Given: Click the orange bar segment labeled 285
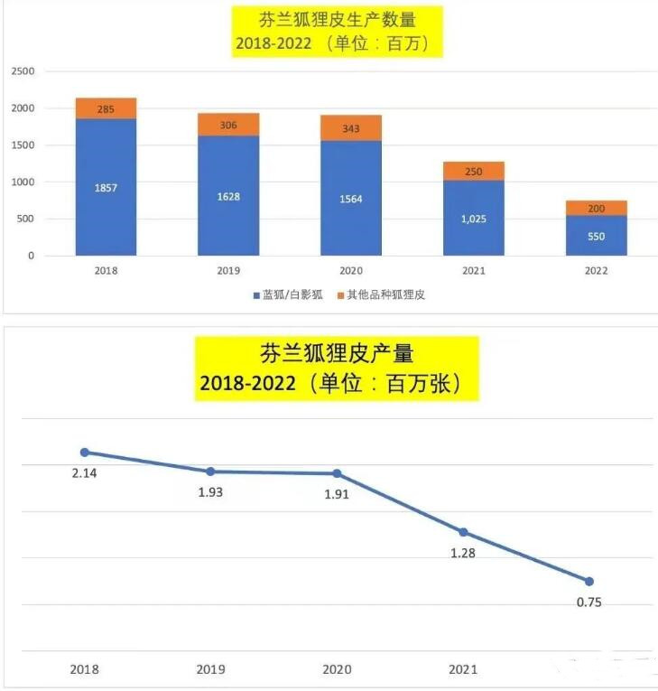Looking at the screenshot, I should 107,108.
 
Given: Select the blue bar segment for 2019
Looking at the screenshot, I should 228,196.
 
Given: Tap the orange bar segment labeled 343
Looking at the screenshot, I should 351,128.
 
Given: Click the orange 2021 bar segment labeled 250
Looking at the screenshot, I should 474,171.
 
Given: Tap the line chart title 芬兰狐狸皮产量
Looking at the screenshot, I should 338,352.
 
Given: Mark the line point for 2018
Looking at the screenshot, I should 85,453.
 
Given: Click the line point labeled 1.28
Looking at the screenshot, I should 463,532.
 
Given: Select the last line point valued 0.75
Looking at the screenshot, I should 589,582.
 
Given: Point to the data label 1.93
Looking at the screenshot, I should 210,492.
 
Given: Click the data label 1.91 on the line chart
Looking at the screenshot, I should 336,494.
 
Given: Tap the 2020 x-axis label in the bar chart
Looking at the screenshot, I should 351,270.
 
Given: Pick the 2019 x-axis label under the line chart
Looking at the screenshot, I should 210,669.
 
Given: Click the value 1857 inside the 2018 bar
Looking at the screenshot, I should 106,188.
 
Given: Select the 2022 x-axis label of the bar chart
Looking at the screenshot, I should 596,270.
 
